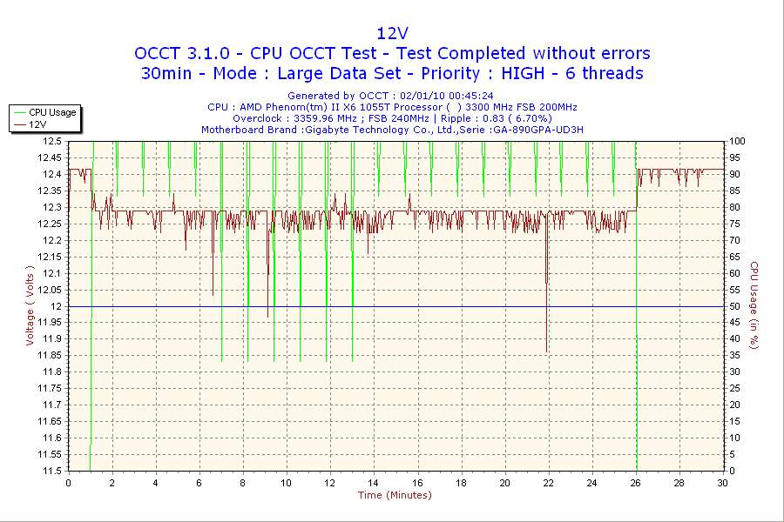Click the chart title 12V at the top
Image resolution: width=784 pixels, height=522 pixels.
click(391, 33)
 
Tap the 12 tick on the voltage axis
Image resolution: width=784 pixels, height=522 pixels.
click(56, 306)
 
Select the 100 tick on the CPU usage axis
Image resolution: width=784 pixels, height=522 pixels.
click(736, 141)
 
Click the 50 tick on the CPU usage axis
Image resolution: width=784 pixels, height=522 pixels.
click(733, 306)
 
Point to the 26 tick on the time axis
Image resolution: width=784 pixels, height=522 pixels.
click(636, 482)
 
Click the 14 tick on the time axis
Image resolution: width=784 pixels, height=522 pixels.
click(374, 482)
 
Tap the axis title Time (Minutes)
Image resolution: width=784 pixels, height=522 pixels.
click(395, 495)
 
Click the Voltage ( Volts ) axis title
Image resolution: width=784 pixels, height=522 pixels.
click(30, 305)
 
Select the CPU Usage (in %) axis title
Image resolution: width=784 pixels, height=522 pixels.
click(754, 305)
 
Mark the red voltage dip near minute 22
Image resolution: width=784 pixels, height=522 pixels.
click(546, 278)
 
